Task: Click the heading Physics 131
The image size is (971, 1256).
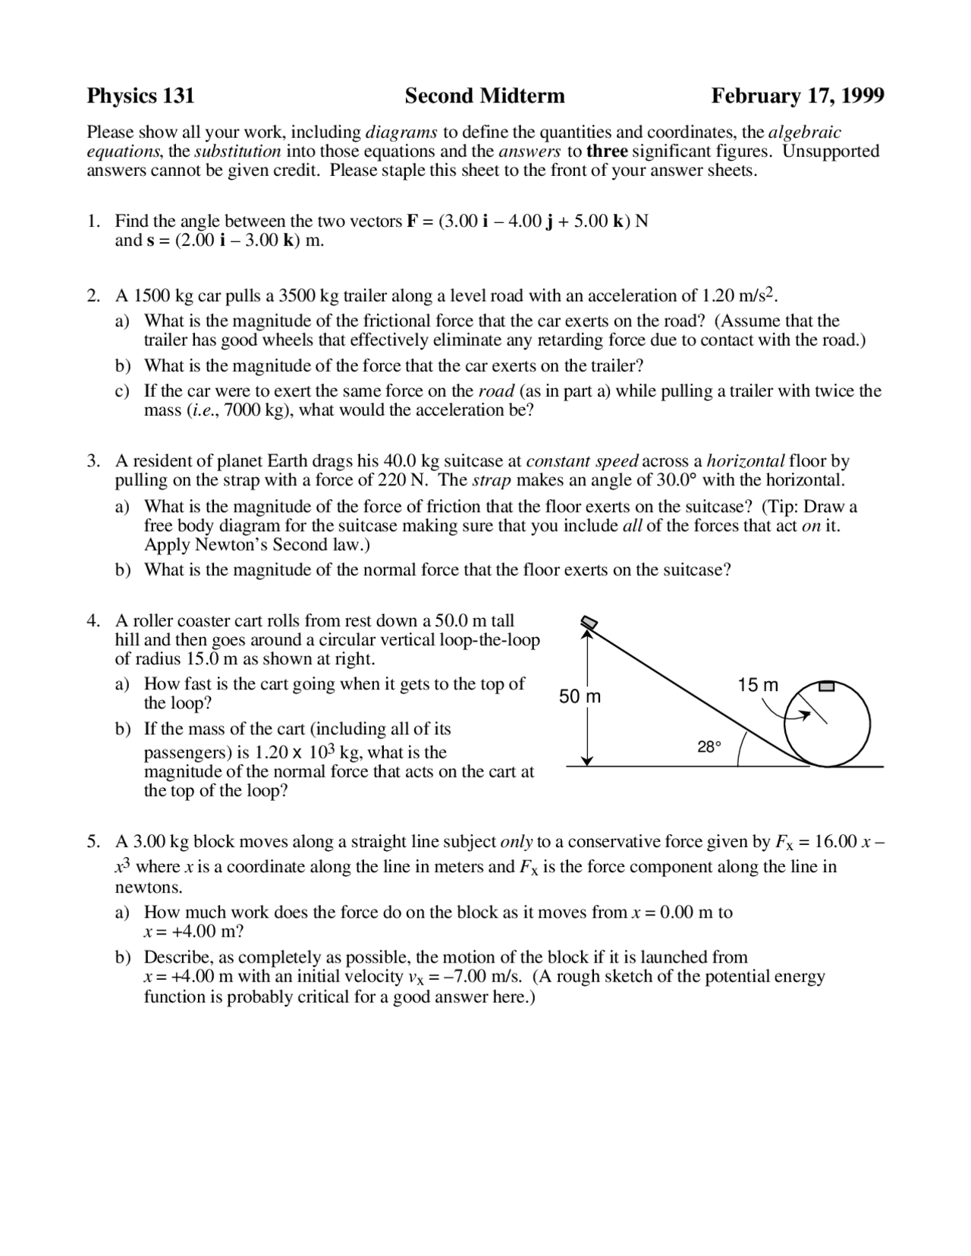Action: [140, 96]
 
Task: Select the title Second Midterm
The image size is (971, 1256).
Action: [485, 96]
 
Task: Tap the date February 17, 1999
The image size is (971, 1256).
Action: [797, 96]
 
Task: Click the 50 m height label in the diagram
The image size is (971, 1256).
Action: [580, 696]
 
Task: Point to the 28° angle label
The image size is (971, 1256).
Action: [709, 747]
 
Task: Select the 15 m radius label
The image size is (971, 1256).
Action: [758, 685]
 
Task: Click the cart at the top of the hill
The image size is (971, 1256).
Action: [589, 623]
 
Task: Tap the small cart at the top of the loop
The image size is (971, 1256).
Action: [827, 687]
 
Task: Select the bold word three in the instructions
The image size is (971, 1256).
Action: [607, 151]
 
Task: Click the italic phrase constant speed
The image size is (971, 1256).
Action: [582, 461]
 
